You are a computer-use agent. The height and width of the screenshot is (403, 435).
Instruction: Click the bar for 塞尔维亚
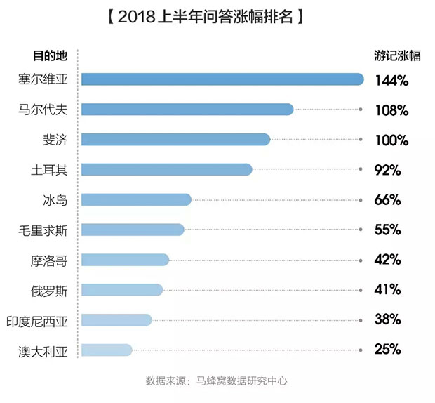click(x=222, y=79)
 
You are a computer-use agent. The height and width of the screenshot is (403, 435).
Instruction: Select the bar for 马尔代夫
click(x=187, y=110)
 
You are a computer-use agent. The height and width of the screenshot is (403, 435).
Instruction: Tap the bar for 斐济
click(x=175, y=139)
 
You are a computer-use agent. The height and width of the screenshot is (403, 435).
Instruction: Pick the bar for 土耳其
click(x=166, y=169)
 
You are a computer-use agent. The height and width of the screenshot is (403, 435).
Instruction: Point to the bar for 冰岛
click(x=136, y=199)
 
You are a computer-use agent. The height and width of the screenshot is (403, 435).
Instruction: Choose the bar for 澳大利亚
click(x=107, y=350)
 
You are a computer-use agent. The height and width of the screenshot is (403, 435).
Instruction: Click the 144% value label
click(x=391, y=80)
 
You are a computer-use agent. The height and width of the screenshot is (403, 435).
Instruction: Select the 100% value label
click(x=391, y=140)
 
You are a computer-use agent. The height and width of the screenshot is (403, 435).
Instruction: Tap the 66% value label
click(x=387, y=199)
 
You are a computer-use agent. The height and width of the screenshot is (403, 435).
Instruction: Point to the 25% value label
click(x=387, y=349)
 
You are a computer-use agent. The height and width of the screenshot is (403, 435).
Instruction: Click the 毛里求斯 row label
click(x=44, y=230)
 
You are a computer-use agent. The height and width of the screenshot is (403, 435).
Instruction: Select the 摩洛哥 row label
click(x=49, y=260)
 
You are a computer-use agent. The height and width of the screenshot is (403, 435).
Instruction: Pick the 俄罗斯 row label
click(x=49, y=289)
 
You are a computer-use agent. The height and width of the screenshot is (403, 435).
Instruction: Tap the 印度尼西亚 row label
click(x=39, y=319)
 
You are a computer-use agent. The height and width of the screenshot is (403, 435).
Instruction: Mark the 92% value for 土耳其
click(x=387, y=169)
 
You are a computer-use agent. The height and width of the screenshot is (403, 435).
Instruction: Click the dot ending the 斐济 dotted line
click(x=361, y=140)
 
